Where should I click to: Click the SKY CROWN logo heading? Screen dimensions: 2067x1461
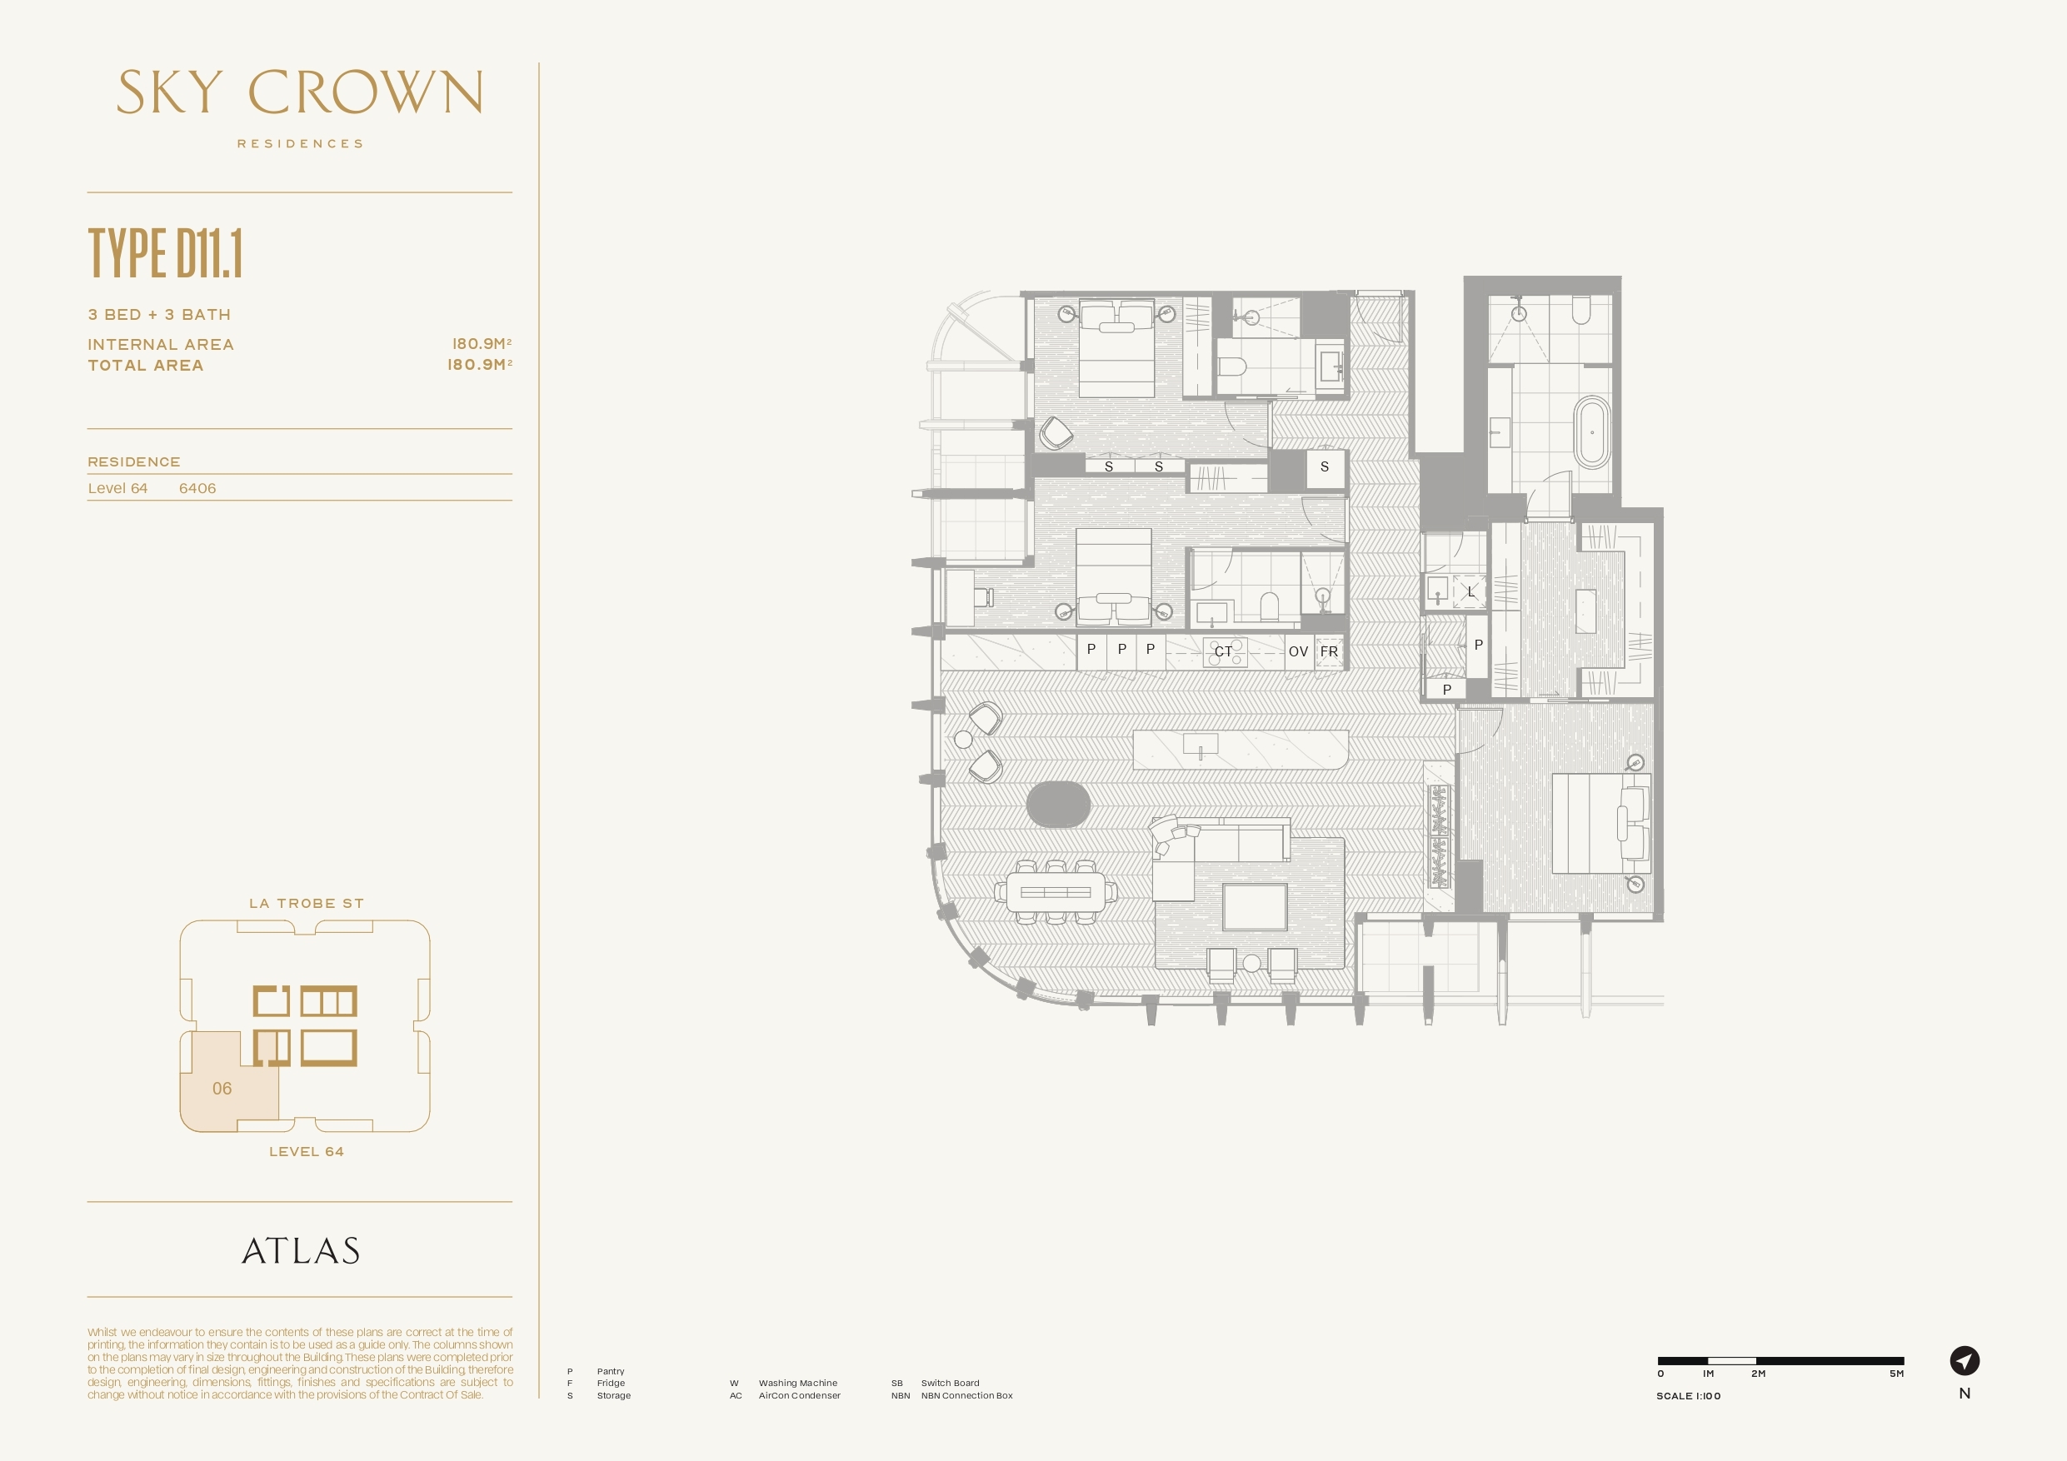click(300, 92)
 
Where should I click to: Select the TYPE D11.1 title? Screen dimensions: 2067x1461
click(166, 253)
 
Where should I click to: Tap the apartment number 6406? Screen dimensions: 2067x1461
click(197, 488)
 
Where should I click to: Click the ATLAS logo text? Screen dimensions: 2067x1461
click(301, 1251)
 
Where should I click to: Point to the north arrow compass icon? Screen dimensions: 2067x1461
click(1965, 1360)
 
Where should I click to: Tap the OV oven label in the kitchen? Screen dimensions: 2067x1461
click(1297, 651)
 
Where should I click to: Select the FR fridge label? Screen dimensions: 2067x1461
click(1329, 651)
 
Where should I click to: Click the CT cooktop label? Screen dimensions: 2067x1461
click(1222, 651)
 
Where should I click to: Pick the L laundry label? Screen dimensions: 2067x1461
click(1471, 592)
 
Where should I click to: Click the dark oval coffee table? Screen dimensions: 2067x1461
click(1059, 804)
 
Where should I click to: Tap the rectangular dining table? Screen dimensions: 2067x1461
click(1055, 893)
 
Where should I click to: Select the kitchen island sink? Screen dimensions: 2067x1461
click(1200, 745)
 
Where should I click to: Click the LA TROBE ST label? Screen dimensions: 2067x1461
click(306, 904)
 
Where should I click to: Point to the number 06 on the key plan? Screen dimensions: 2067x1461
click(222, 1089)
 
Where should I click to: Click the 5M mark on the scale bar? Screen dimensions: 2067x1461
click(1896, 1374)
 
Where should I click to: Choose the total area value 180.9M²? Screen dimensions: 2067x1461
click(480, 365)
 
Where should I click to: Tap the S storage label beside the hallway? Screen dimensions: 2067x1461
click(1325, 467)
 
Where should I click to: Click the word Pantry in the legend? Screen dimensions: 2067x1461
click(611, 1371)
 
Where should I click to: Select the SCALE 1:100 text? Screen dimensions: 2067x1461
click(1688, 1396)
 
